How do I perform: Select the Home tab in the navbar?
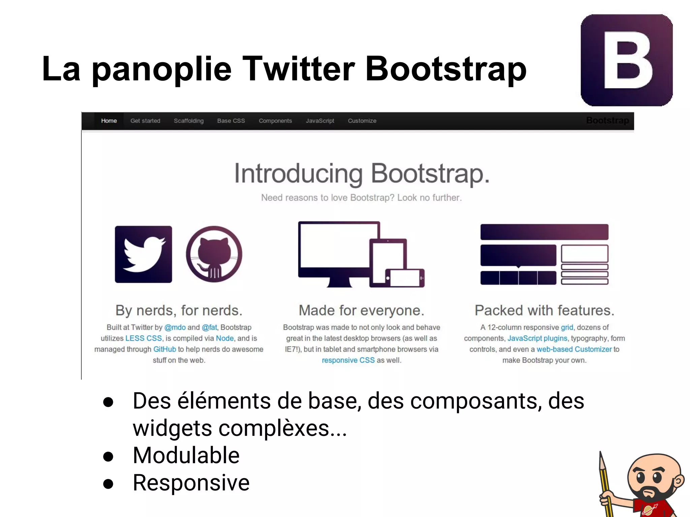[109, 121]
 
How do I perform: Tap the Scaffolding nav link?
[189, 121]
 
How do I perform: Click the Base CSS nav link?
[231, 121]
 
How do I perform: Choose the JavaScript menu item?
[320, 121]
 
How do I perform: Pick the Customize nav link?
[362, 121]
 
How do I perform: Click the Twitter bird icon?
[144, 254]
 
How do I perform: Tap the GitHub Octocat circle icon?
[214, 254]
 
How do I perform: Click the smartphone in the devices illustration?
[404, 278]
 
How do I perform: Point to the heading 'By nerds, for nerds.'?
[179, 310]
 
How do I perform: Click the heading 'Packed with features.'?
[544, 310]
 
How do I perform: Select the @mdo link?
[175, 328]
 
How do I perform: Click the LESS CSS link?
[144, 338]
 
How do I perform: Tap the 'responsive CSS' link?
[348, 360]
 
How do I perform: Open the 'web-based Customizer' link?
[574, 349]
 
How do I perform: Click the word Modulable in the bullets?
[186, 455]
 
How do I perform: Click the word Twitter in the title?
[299, 69]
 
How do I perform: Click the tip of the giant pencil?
[601, 454]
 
